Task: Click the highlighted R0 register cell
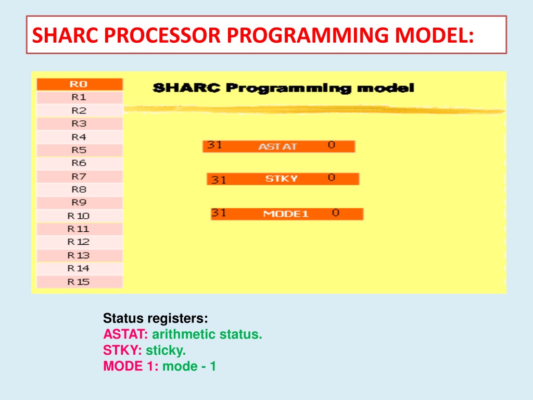click(80, 84)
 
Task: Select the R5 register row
click(80, 150)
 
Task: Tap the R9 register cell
click(80, 203)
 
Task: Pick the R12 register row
click(80, 242)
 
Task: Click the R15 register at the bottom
click(80, 282)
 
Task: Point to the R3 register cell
click(80, 124)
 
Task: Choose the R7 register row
click(80, 177)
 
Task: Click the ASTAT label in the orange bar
click(277, 146)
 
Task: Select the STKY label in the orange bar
click(282, 179)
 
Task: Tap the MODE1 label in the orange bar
click(286, 214)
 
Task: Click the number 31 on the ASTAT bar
click(214, 145)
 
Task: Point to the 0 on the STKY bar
click(332, 178)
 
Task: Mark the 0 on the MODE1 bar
click(336, 213)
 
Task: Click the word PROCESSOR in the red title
click(163, 35)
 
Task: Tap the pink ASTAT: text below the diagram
click(125, 334)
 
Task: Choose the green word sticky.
click(166, 351)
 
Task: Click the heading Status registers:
click(155, 318)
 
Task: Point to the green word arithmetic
click(184, 334)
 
